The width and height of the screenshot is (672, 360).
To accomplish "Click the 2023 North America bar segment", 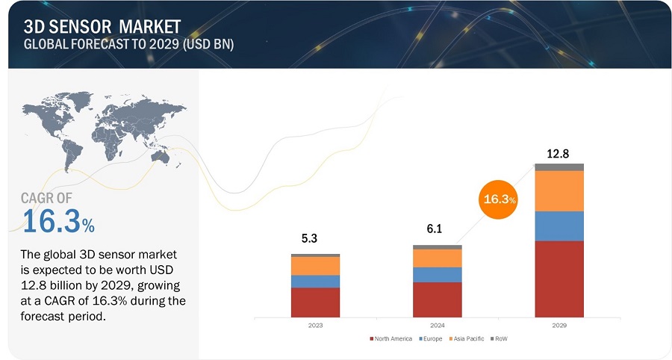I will [x=315, y=302].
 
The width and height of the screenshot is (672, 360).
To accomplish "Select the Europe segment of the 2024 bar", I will [x=437, y=275].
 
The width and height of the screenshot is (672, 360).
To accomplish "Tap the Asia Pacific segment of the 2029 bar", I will [x=559, y=190].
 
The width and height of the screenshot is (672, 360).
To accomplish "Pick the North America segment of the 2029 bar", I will [x=559, y=279].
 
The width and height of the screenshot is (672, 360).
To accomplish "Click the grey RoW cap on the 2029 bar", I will [x=559, y=167].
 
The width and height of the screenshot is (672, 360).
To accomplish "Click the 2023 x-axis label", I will [x=315, y=326].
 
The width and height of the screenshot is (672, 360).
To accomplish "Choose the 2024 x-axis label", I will [x=437, y=326].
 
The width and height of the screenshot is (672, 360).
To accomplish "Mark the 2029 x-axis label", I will [x=559, y=326].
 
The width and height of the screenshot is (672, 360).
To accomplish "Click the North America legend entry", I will [x=391, y=339].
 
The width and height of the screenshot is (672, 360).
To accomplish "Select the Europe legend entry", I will [x=430, y=339].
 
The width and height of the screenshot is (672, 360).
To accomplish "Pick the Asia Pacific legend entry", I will [x=467, y=339].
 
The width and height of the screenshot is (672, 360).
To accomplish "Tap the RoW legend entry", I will [x=500, y=339].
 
